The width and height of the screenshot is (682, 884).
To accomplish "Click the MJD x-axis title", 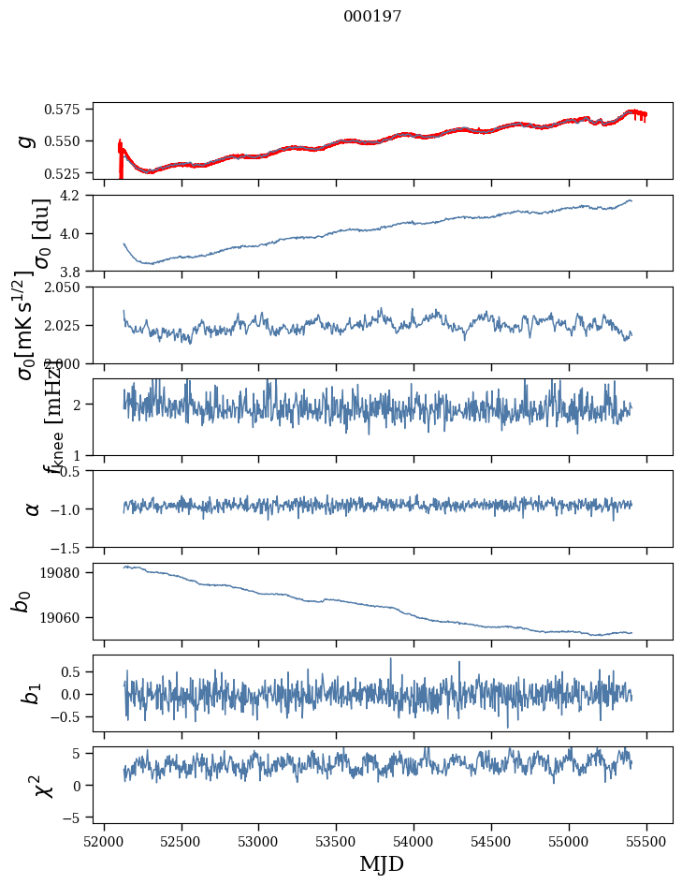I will click(382, 863).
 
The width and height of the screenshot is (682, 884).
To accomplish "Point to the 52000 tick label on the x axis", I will click(104, 839).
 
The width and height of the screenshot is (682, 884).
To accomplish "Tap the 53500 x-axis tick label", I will click(337, 839).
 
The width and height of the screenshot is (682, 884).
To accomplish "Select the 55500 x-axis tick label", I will click(647, 839).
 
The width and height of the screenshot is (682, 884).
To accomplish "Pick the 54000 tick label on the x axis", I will click(414, 839).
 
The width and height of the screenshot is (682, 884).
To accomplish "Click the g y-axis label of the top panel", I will click(27, 140).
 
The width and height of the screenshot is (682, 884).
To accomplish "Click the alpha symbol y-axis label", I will click(33, 508).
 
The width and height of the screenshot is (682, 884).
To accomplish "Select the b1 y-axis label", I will click(33, 693).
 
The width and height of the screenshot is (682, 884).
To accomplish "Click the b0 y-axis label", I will click(22, 601).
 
